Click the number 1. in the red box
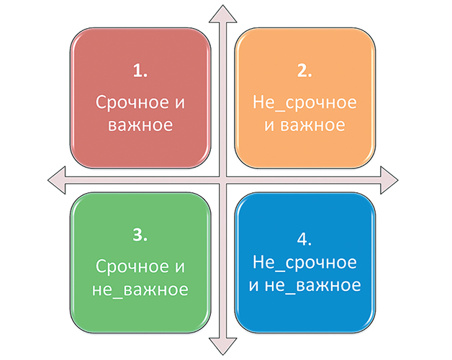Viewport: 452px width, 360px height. pos(140,71)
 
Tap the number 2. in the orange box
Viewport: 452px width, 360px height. pos(304,71)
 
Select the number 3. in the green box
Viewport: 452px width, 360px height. pos(140,235)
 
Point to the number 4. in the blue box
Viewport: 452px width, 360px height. pos(304,239)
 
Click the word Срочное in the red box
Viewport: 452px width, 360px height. pos(132,103)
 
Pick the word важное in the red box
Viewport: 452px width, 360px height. pos(140,125)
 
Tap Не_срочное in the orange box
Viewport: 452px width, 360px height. pos(304,103)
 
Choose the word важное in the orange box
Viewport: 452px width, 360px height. pos(312,125)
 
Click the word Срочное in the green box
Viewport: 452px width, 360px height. pos(132,267)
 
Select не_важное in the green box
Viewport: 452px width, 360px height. pos(140,289)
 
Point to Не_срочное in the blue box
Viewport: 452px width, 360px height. pos(304,263)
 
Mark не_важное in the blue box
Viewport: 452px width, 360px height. pos(312,285)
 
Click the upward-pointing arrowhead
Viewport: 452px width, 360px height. pos(223,13)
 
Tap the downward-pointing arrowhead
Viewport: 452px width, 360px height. pos(223,346)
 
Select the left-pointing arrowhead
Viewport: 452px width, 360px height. pos(56,180)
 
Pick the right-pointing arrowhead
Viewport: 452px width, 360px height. pos(389,180)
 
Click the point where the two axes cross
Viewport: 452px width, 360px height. pos(223,180)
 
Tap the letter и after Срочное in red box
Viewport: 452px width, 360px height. pos(180,103)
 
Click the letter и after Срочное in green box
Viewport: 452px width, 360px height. pos(180,267)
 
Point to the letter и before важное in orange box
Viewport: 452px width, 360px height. pos(269,126)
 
